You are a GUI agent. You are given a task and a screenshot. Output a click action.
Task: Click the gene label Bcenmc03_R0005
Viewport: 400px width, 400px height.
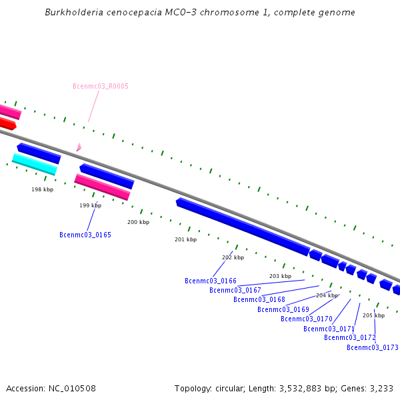click(101, 86)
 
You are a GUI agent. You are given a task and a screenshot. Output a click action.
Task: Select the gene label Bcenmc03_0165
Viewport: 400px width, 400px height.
click(85, 235)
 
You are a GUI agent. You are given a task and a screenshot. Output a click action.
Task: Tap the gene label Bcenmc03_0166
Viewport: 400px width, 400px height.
click(211, 281)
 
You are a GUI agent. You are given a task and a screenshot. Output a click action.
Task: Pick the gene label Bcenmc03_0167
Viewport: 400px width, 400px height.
click(235, 290)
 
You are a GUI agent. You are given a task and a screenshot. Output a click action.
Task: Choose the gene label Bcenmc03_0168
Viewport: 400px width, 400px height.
click(259, 299)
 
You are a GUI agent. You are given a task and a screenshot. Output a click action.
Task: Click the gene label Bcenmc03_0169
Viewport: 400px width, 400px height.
click(283, 309)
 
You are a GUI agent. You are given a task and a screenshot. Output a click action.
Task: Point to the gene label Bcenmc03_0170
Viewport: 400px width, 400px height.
click(307, 319)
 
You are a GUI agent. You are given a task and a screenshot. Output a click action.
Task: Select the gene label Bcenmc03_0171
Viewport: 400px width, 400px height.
click(329, 329)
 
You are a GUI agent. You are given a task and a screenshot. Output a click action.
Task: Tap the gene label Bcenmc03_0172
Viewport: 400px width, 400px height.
click(350, 337)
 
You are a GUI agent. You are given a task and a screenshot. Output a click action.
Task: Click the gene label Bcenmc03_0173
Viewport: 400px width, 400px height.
click(373, 347)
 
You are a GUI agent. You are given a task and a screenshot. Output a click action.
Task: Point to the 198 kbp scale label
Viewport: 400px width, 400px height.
click(43, 189)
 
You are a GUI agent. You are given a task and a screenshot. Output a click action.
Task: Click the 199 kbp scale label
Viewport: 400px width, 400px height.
click(91, 205)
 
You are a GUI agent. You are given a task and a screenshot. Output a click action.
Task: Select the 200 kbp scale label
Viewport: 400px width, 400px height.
click(139, 222)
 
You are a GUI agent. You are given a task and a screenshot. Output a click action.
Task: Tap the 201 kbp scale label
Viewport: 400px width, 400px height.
click(186, 239)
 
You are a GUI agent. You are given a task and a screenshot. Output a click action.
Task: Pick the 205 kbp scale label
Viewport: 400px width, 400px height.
click(373, 315)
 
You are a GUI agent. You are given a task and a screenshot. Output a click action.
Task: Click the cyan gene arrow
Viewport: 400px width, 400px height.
click(35, 163)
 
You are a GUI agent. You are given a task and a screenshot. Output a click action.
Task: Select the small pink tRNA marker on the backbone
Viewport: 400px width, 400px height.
click(79, 147)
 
